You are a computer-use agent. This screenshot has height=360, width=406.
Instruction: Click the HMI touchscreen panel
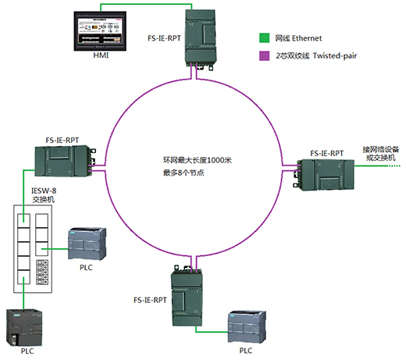[100, 31]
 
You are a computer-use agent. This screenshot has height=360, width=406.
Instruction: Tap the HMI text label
[101, 55]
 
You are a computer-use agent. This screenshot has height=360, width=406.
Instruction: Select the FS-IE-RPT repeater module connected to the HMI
[200, 40]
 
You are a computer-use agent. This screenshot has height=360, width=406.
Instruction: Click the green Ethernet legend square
[265, 38]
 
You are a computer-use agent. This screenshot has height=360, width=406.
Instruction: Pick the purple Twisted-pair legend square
[265, 55]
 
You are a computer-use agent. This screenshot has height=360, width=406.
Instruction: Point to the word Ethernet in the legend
[307, 38]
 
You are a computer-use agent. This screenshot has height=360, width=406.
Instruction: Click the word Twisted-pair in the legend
[335, 55]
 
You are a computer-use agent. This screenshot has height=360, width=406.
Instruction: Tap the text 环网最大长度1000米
[198, 160]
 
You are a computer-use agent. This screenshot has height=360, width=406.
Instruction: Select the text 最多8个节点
[183, 173]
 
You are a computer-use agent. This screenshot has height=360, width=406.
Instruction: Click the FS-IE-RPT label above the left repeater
[62, 141]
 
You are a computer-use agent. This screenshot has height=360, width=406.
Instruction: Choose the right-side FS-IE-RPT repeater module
[323, 175]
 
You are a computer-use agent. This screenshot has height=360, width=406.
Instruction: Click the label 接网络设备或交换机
[381, 153]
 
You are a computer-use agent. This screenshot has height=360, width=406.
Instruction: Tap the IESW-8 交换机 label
[44, 195]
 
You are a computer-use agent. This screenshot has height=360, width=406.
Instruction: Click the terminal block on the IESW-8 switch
[42, 272]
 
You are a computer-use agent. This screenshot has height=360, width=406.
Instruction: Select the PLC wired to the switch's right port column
[87, 244]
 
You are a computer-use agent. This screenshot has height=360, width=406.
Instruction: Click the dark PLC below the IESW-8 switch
[24, 328]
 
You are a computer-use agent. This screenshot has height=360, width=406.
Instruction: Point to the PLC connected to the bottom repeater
[247, 327]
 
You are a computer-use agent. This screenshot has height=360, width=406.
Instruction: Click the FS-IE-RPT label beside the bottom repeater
[150, 300]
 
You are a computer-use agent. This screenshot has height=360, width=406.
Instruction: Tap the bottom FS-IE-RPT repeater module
[187, 296]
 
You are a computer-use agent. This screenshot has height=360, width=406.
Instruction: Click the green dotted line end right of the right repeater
[400, 166]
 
